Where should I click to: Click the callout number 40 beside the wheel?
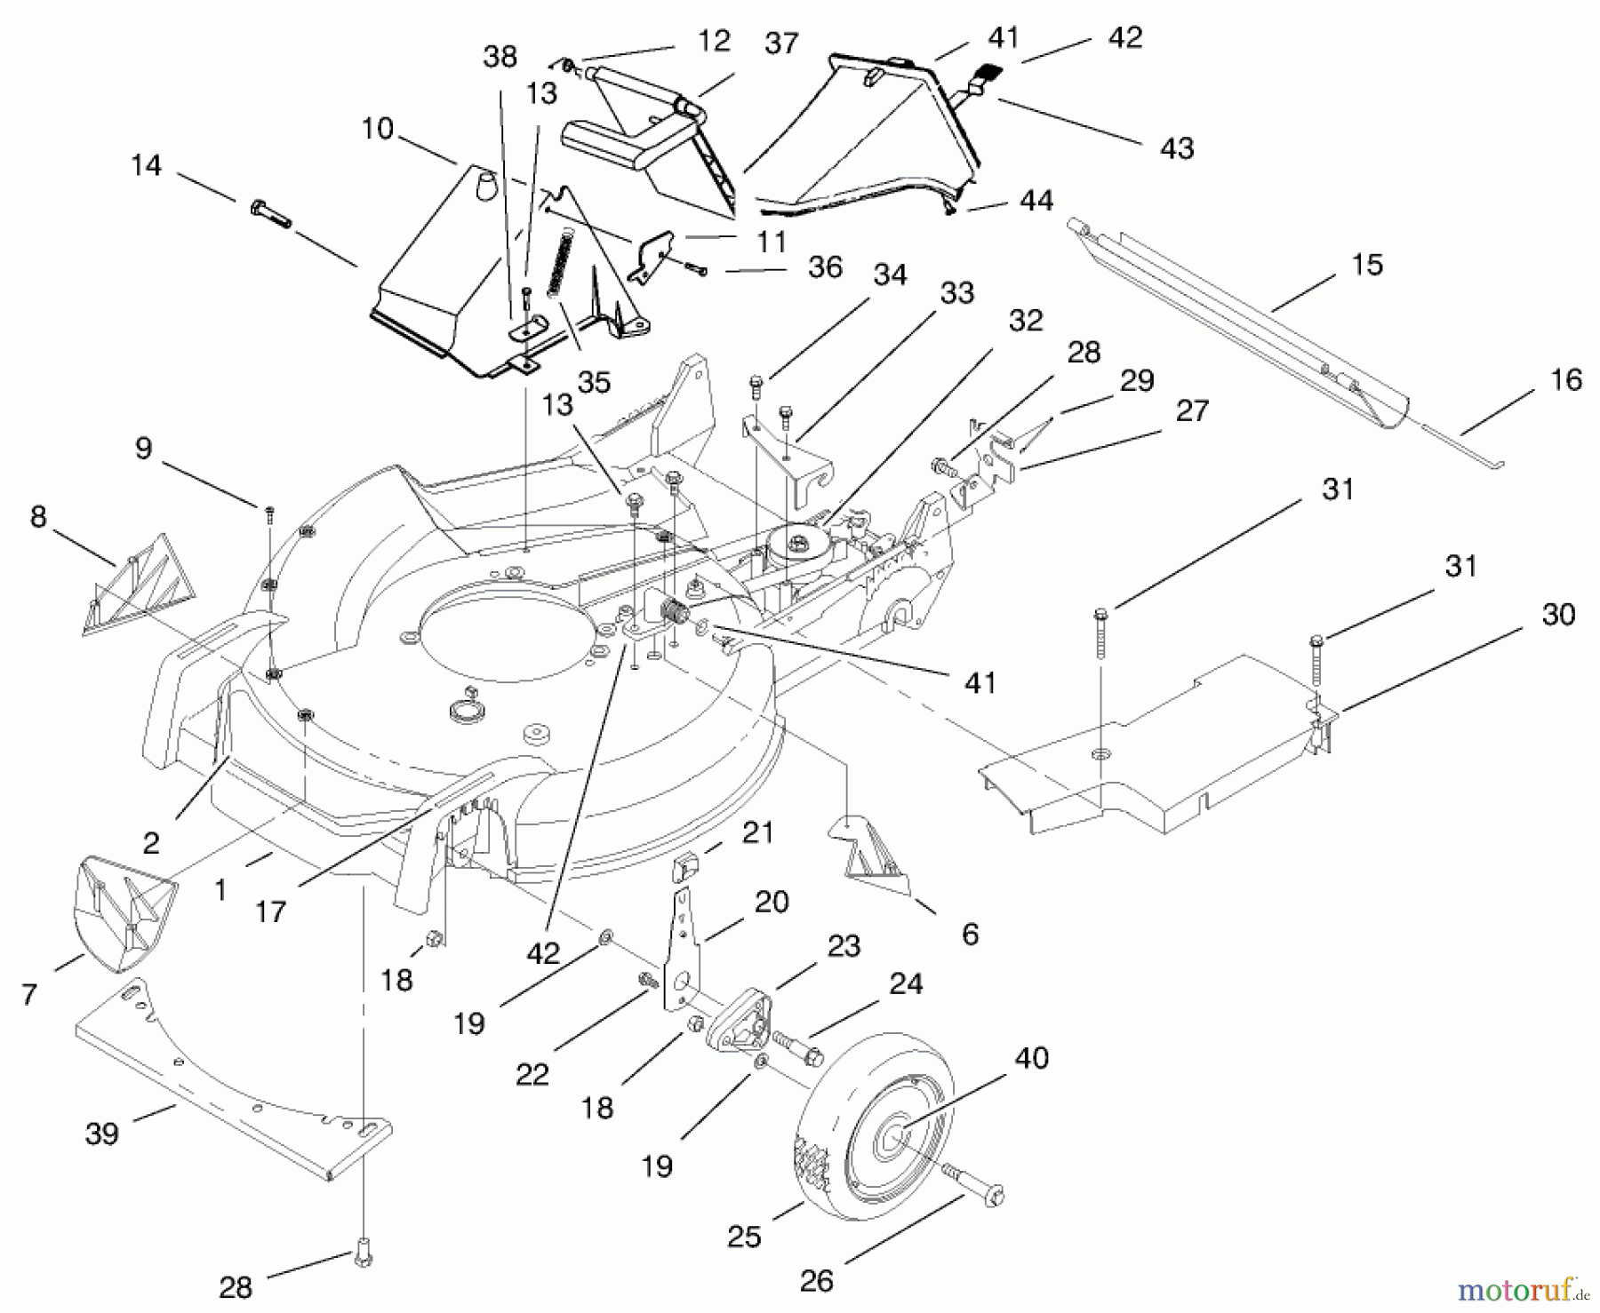coord(1031,1058)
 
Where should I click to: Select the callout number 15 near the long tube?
coord(1367,265)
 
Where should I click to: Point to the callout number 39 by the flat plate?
coord(102,1134)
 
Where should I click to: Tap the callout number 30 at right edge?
coord(1558,615)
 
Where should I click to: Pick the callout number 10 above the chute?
coord(378,129)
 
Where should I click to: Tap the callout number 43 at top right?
coord(1177,148)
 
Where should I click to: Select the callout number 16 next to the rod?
coord(1566,380)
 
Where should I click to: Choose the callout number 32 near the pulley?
coord(1026,320)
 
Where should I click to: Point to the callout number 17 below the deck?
coord(271,911)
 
